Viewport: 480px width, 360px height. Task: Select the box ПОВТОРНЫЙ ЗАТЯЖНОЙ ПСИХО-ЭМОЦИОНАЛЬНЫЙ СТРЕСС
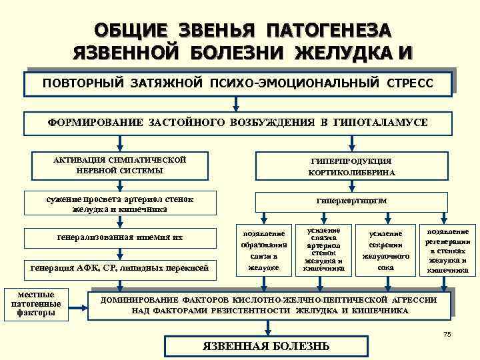(238, 85)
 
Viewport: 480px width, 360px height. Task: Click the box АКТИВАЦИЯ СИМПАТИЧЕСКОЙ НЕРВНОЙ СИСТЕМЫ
(119, 165)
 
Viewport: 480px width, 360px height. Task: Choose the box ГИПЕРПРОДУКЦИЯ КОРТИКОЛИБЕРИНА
(351, 167)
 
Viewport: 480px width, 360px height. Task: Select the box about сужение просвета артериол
(119, 204)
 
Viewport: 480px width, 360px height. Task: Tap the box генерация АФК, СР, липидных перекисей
(120, 269)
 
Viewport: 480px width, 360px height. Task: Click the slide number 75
(447, 335)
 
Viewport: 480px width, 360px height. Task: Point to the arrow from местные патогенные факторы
(79, 307)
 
